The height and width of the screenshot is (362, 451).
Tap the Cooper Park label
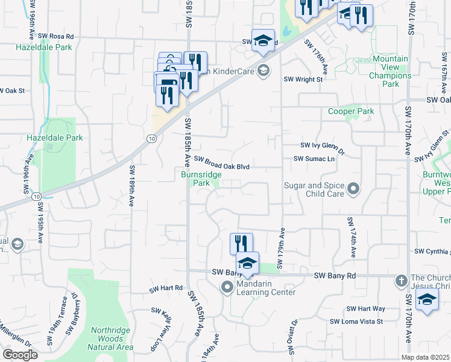click(x=351, y=112)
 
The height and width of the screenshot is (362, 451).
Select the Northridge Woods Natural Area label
click(x=112, y=338)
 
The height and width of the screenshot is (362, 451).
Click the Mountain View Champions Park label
click(x=390, y=71)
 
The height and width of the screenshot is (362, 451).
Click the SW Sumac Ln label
click(x=314, y=159)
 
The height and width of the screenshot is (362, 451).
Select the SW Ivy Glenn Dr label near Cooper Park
click(x=322, y=145)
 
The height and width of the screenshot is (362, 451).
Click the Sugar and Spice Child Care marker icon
click(x=353, y=190)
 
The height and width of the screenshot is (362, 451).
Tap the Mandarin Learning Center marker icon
click(x=227, y=288)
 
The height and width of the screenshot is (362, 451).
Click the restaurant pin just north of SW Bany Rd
click(x=241, y=244)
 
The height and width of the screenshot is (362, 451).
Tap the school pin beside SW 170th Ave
click(x=427, y=300)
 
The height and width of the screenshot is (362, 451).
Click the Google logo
click(x=20, y=355)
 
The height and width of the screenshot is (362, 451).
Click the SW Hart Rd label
click(x=166, y=288)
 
